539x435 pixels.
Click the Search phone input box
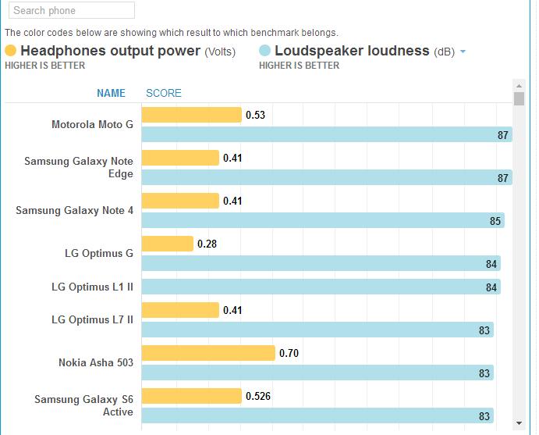[x=71, y=11]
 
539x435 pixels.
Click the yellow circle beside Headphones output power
[x=11, y=51]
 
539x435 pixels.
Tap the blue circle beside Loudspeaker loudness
[x=265, y=51]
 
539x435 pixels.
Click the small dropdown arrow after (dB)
[x=463, y=52]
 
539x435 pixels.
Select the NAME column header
[x=111, y=93]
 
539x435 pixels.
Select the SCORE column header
[x=164, y=93]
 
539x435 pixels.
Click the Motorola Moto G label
[x=92, y=124]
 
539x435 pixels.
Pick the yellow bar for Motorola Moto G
[x=192, y=116]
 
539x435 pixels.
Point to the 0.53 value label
[x=255, y=116]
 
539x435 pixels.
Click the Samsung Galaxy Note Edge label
[x=79, y=167]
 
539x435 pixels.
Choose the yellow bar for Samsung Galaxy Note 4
[x=180, y=201]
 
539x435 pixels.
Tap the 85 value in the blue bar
[x=495, y=221]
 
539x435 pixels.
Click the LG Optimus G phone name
[x=99, y=253]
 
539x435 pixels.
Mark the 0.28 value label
[x=207, y=244]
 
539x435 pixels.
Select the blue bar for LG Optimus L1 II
[x=321, y=287]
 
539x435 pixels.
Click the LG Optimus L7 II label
[x=92, y=319]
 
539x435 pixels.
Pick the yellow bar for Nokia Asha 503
[x=208, y=354]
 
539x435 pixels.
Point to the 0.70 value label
[x=289, y=354]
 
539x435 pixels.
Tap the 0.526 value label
[x=258, y=396]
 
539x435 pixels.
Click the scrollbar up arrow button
[x=519, y=85]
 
